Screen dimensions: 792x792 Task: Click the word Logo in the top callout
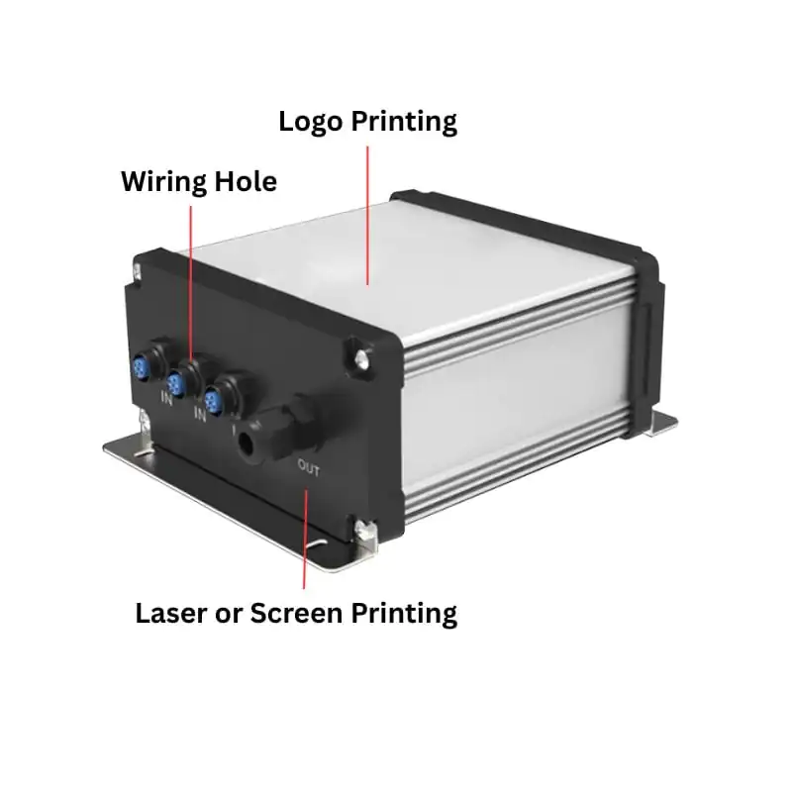coord(310,122)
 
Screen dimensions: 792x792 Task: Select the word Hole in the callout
coord(246,181)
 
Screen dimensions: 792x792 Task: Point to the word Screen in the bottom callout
coord(296,613)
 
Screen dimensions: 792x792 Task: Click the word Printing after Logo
coord(404,122)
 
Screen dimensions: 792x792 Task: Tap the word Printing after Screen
coord(404,614)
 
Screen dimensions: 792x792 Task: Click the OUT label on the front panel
coord(308,467)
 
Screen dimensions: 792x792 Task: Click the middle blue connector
coord(176,382)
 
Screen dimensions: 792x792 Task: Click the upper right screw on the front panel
coord(360,358)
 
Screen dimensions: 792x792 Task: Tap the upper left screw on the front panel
coord(137,271)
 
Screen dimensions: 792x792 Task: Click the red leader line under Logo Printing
coord(367,216)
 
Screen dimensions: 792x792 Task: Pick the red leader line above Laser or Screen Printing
coord(305,539)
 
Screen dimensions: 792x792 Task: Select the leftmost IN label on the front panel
coord(166,398)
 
